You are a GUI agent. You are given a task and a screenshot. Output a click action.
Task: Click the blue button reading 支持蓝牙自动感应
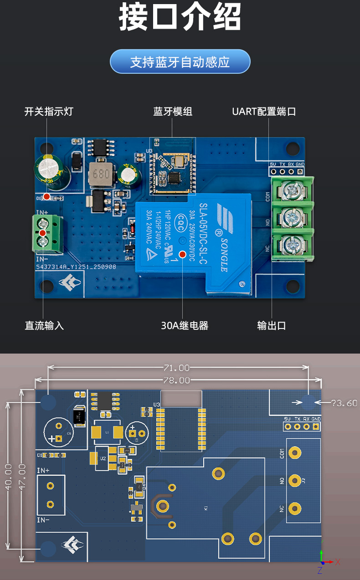pyautogui.click(x=180, y=62)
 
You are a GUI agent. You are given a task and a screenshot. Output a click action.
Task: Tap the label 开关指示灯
pyautogui.click(x=49, y=112)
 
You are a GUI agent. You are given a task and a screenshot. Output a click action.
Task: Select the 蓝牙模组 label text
pyautogui.click(x=173, y=112)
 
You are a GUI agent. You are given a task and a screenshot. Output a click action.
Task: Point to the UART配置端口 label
pyautogui.click(x=264, y=112)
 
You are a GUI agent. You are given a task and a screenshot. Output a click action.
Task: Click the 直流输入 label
pyautogui.click(x=44, y=325)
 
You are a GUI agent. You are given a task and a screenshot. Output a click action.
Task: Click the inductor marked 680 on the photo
pyautogui.click(x=101, y=174)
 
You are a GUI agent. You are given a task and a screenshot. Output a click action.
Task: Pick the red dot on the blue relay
pyautogui.click(x=182, y=254)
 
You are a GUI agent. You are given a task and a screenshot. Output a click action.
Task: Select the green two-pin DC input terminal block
pyautogui.click(x=47, y=233)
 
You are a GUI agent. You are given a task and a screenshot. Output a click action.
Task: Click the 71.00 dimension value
pyautogui.click(x=177, y=368)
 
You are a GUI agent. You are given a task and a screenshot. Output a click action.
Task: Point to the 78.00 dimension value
pyautogui.click(x=177, y=380)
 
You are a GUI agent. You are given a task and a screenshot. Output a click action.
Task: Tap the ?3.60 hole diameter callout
pyautogui.click(x=345, y=403)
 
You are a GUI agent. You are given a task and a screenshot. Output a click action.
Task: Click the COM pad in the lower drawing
pyautogui.click(x=295, y=452)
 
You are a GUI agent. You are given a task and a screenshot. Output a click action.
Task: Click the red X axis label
pyautogui.click(x=338, y=562)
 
